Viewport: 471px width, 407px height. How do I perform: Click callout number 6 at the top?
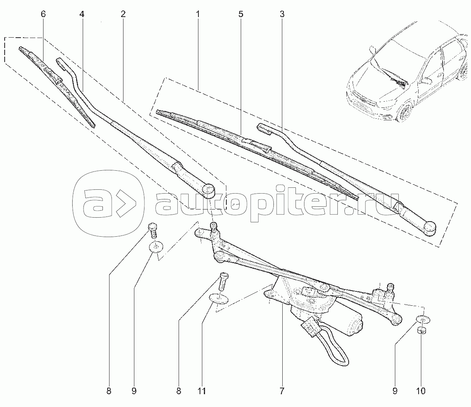tap(43, 14)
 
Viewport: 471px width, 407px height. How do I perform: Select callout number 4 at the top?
tap(82, 14)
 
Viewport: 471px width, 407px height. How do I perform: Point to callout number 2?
tap(123, 14)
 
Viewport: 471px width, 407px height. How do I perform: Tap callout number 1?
tap(198, 14)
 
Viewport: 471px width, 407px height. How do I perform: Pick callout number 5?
tap(241, 14)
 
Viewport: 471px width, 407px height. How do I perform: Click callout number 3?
tap(282, 14)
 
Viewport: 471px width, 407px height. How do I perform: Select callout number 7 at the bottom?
tap(282, 391)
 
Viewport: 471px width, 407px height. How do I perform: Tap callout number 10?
tap(421, 391)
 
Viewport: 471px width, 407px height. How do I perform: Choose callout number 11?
tap(202, 391)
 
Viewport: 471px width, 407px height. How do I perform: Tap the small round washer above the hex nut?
tap(423, 319)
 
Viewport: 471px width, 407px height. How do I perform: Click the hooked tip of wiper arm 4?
tap(60, 62)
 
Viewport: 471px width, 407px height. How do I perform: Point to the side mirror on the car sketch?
tap(426, 80)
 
